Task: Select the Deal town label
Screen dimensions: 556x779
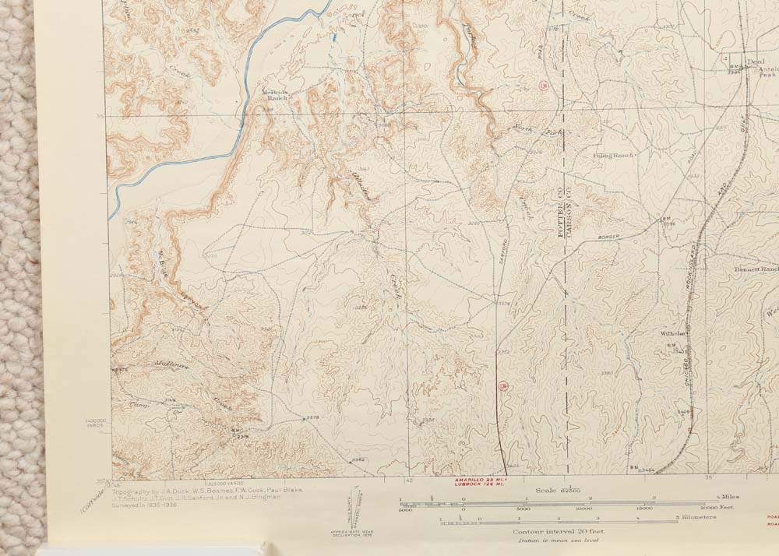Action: coord(752,62)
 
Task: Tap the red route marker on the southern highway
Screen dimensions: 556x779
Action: coord(503,385)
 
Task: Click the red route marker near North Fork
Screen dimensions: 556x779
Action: coord(542,84)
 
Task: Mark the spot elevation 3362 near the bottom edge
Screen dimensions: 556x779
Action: coord(358,460)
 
